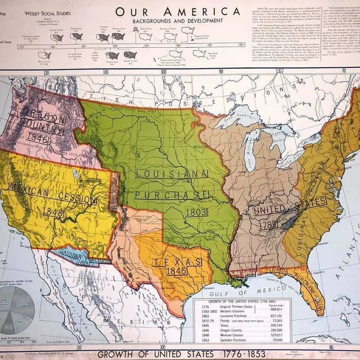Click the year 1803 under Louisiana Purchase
tap(197, 212)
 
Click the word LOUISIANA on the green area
tap(171, 174)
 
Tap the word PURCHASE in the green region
tap(172, 194)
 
